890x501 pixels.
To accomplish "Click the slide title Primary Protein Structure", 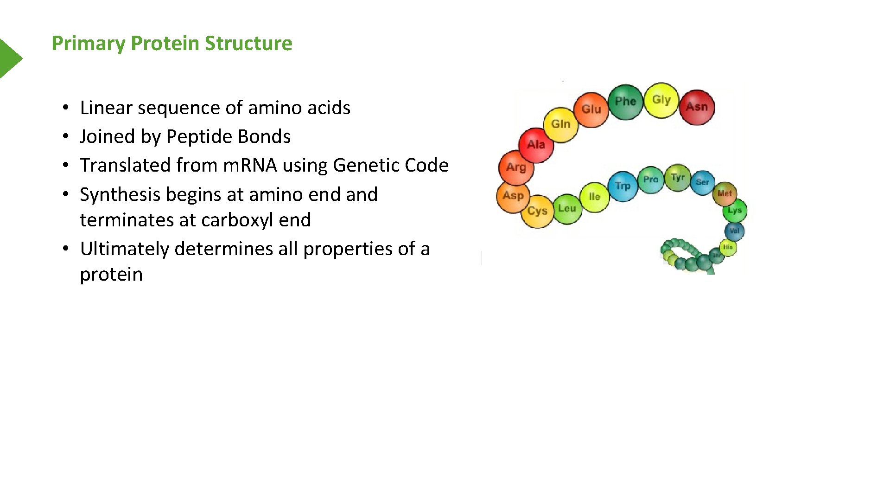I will coord(172,43).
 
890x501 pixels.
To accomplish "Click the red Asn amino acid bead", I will coord(697,107).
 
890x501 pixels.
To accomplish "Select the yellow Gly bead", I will coord(661,100).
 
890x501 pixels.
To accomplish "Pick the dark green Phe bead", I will coord(625,102).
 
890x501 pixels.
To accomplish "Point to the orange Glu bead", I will coord(591,109).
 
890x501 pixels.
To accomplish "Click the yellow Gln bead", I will coord(560,124).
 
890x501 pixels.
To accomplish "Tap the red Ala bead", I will coord(536,145).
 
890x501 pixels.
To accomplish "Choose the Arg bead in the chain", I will coord(516,167).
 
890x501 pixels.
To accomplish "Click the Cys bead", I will coord(537,211).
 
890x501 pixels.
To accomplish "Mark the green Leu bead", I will coord(567,208).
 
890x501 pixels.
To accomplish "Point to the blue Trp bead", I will coord(623,186).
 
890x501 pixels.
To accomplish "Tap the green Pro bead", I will coord(651,180).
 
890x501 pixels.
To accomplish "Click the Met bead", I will coord(725,194).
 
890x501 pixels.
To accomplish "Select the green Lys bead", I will coord(735,211).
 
